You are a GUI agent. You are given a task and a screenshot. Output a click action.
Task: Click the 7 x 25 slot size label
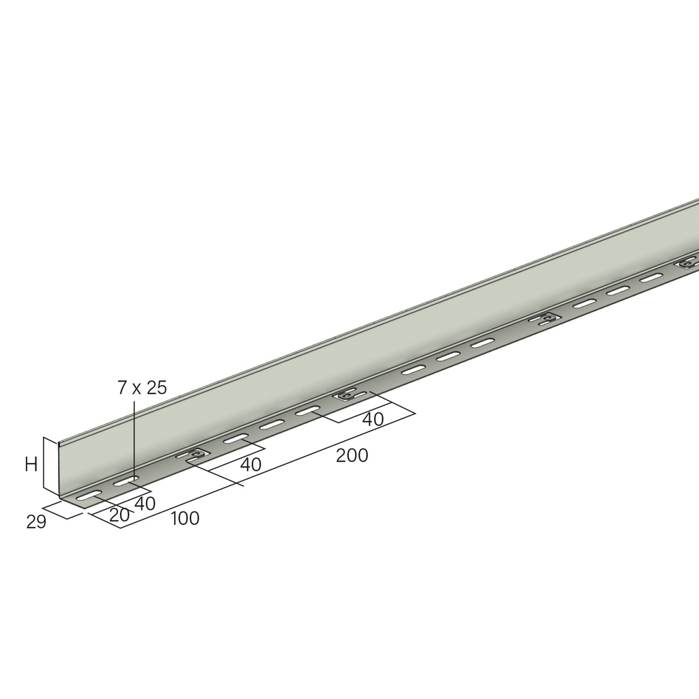(142, 388)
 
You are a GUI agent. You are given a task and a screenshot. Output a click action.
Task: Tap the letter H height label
(31, 465)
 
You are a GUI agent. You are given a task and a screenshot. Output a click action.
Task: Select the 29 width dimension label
(36, 522)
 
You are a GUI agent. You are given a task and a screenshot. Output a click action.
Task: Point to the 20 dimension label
(119, 515)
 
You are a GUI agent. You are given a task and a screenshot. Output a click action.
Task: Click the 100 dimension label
(185, 519)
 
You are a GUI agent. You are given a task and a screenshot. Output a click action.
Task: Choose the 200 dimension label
(352, 455)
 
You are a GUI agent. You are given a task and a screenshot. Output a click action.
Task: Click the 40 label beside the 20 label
(145, 503)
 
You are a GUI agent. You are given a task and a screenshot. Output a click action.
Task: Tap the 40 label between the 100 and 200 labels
(251, 465)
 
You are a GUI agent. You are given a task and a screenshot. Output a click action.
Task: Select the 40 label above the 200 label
(373, 420)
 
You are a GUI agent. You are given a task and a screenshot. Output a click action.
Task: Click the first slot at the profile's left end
(90, 496)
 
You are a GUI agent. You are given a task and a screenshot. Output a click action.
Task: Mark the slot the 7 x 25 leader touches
(126, 482)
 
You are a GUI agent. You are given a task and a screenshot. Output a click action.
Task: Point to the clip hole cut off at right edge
(688, 261)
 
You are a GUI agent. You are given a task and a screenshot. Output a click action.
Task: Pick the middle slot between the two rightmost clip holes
(618, 290)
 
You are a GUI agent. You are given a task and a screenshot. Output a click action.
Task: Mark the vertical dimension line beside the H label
(44, 463)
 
